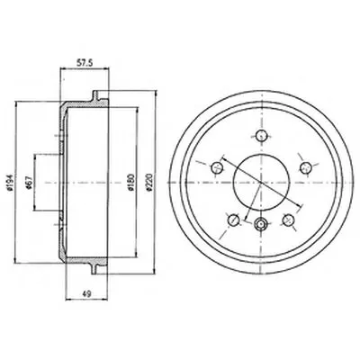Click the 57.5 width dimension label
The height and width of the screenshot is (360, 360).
pyautogui.click(x=84, y=63)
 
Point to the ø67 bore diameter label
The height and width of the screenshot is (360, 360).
pyautogui.click(x=29, y=182)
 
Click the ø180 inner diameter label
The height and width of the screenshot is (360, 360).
pyautogui.click(x=130, y=182)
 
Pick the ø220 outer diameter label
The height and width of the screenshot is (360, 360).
pyautogui.click(x=148, y=182)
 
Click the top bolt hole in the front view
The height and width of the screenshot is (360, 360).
pyautogui.click(x=262, y=135)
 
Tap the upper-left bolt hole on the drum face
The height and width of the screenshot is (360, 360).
pyautogui.click(x=217, y=167)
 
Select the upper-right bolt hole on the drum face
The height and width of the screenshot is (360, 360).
pyautogui.click(x=306, y=167)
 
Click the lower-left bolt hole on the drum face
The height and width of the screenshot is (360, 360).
pyautogui.click(x=234, y=220)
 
